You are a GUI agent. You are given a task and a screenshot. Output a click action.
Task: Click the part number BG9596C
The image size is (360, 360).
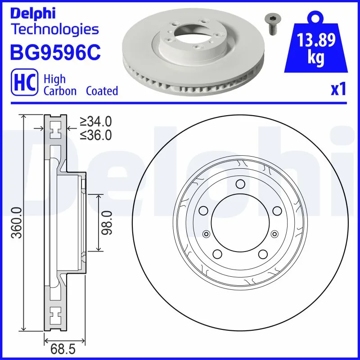tap(54, 53)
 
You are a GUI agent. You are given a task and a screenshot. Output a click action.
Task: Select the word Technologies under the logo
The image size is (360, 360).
tap(54, 30)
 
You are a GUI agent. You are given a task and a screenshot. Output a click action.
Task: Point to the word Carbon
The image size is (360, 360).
tap(59, 91)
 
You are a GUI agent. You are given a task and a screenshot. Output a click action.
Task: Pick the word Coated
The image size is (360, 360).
tap(102, 91)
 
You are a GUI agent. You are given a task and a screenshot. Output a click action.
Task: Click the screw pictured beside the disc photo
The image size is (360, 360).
tap(270, 23)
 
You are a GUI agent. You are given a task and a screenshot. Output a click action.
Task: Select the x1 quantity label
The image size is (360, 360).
tap(338, 90)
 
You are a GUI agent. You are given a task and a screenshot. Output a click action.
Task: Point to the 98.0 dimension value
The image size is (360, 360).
tap(107, 222)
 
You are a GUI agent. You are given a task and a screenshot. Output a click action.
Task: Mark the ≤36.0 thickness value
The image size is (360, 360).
tap(95, 135)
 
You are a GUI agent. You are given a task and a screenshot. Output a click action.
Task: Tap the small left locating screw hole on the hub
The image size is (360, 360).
tap(207, 233)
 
